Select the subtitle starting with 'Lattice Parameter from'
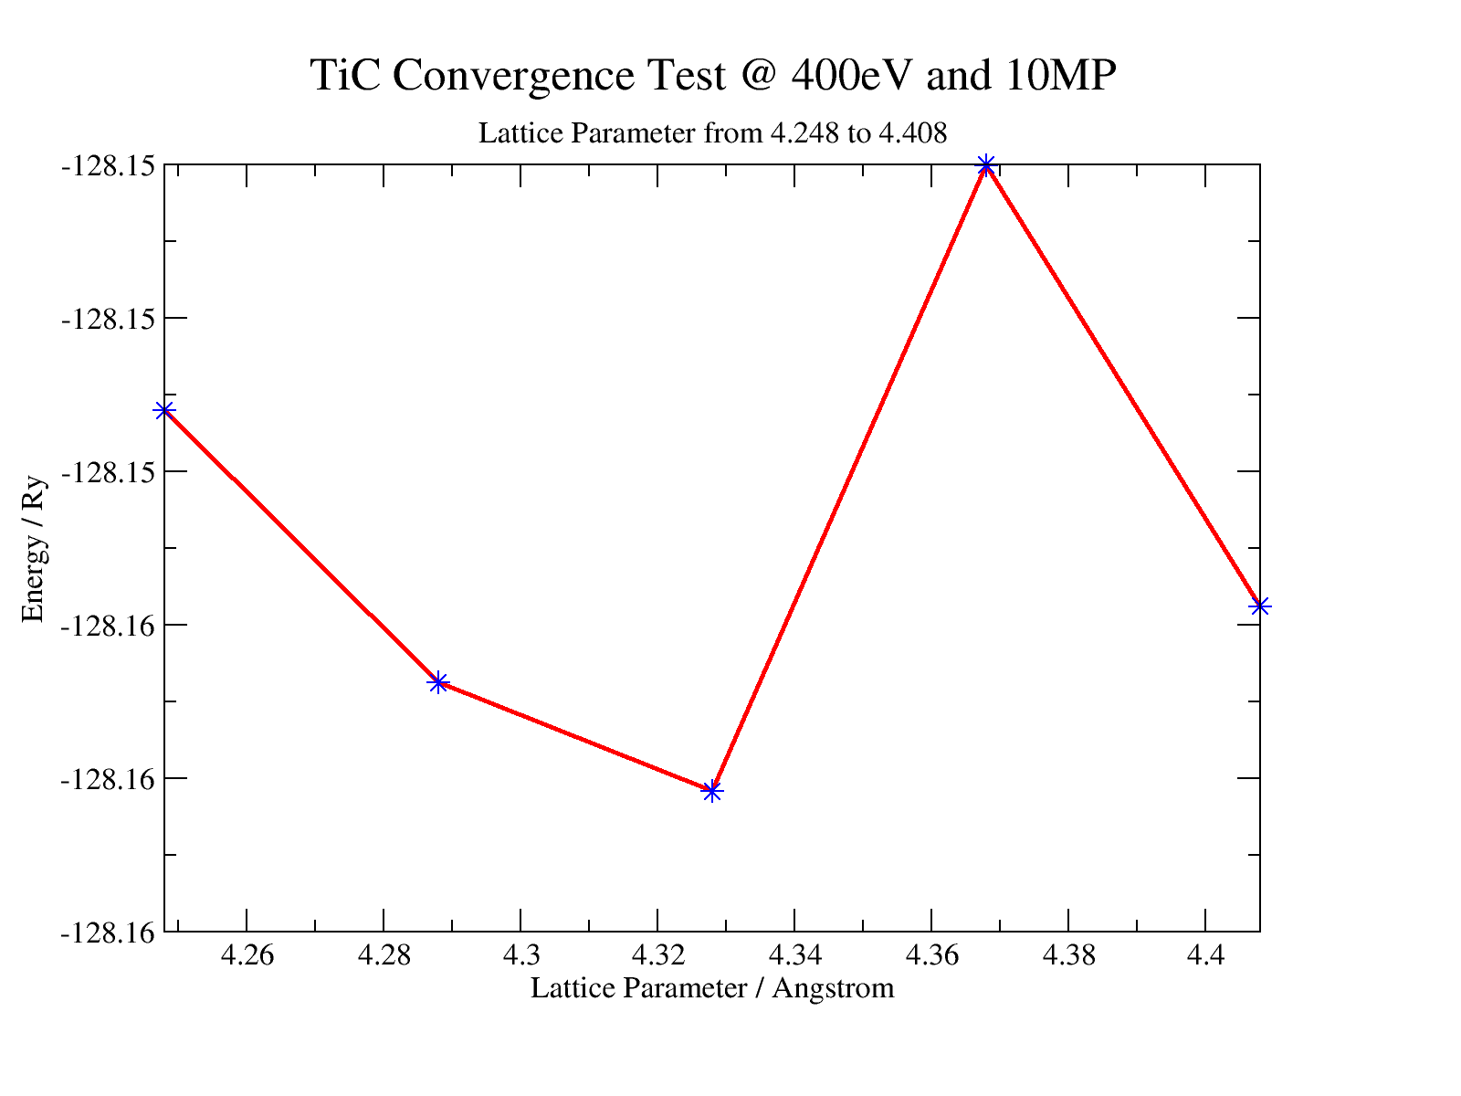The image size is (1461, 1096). pyautogui.click(x=713, y=134)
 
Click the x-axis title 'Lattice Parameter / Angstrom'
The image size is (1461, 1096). pyautogui.click(x=712, y=988)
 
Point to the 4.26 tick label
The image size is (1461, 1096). pyautogui.click(x=247, y=956)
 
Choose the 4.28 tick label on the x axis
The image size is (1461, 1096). pyautogui.click(x=384, y=956)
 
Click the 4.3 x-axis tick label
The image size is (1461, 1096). pyautogui.click(x=520, y=956)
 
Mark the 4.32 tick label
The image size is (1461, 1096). pyautogui.click(x=657, y=956)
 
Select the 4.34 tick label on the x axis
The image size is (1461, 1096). pyautogui.click(x=794, y=956)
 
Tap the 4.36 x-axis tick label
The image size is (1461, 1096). pyautogui.click(x=931, y=956)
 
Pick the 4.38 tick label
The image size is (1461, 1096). pyautogui.click(x=1068, y=956)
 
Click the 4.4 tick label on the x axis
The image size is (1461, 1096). pyautogui.click(x=1205, y=956)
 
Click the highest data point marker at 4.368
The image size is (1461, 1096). pyautogui.click(x=985, y=165)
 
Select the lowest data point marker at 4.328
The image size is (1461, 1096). pyautogui.click(x=712, y=791)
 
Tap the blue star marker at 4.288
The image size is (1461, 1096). pyautogui.click(x=438, y=682)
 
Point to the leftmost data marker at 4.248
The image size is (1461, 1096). pyautogui.click(x=164, y=410)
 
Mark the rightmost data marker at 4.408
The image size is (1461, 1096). pyautogui.click(x=1260, y=606)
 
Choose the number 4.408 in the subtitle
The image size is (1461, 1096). pyautogui.click(x=912, y=134)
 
